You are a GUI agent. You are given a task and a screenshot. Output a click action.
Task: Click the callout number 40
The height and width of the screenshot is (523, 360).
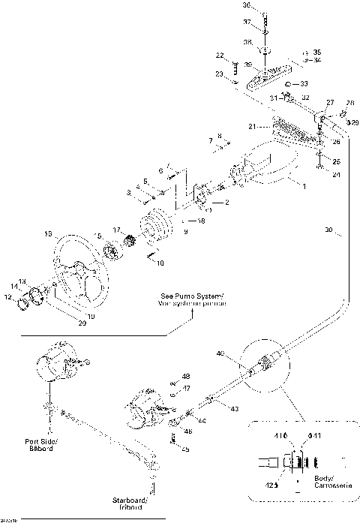coord(220,353)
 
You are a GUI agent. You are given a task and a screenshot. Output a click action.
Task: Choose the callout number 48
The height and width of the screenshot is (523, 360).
coord(186,376)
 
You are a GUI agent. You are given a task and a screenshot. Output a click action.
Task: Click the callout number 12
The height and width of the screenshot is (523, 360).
coord(8,297)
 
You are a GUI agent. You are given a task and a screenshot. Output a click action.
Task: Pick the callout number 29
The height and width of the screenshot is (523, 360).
coord(355,122)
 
